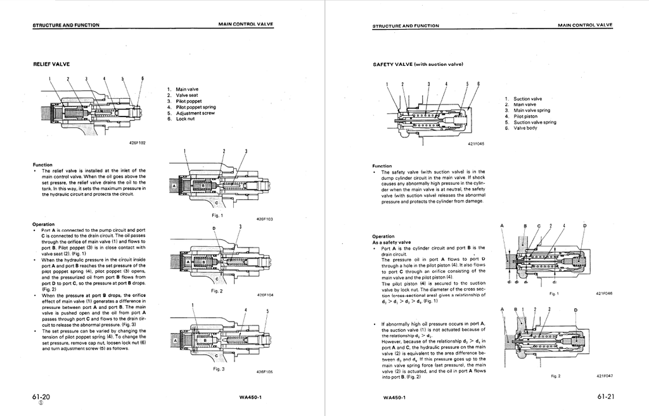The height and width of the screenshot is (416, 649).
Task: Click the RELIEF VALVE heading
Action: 51,64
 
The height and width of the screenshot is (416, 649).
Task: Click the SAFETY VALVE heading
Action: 418,64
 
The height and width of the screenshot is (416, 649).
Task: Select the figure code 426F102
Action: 138,143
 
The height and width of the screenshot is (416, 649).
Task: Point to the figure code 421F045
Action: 476,144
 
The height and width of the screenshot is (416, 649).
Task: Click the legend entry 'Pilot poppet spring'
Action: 195,107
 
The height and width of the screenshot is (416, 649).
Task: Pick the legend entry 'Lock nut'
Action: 185,119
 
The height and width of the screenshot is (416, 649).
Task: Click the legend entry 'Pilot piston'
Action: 525,117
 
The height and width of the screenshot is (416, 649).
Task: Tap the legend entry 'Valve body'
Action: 525,128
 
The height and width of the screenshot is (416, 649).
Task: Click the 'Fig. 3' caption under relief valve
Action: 219,369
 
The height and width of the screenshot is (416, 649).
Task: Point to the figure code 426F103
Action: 265,219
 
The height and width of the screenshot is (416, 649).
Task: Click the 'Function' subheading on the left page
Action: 43,164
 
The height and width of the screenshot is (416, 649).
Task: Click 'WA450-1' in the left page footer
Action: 251,398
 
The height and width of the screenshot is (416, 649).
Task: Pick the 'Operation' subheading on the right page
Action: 385,236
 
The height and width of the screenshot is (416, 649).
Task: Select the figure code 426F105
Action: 265,372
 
